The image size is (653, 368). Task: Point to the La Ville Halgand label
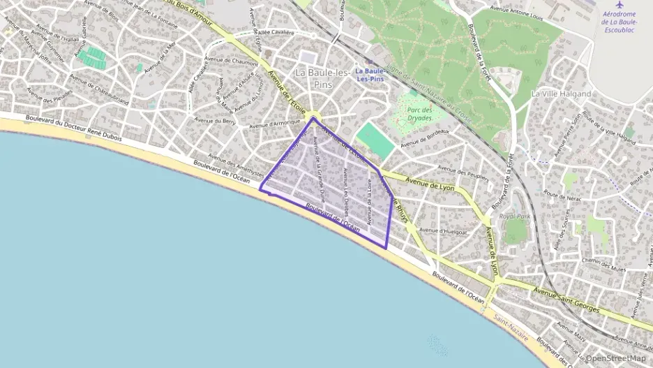point(561,94)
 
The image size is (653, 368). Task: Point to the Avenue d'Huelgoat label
point(443,230)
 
